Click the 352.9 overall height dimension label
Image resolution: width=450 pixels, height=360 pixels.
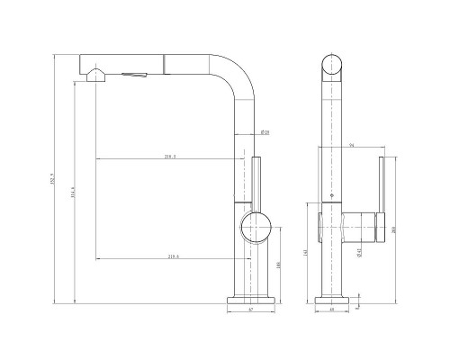(x=54, y=178)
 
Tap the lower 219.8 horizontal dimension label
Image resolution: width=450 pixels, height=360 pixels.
(x=172, y=257)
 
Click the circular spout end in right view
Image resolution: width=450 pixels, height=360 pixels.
(x=333, y=66)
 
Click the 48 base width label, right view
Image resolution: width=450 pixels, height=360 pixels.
(x=332, y=310)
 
